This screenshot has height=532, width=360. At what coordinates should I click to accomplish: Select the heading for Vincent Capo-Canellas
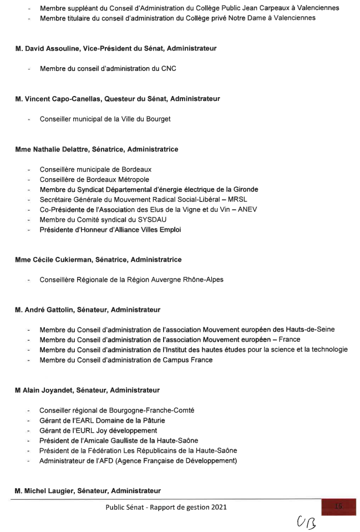click(118, 99)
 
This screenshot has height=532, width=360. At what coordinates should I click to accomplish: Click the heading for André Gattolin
click(88, 310)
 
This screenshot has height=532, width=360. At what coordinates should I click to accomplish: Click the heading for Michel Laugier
click(88, 491)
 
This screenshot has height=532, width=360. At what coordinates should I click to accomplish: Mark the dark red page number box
click(338, 507)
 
